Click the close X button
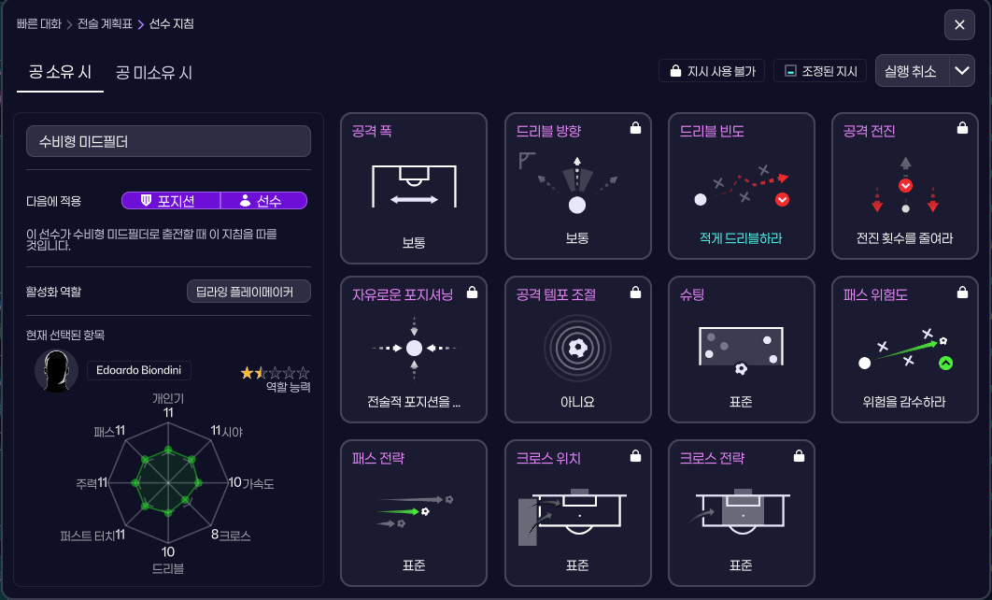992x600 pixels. (959, 25)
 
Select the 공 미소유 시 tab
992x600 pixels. (154, 72)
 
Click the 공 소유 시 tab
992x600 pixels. (60, 72)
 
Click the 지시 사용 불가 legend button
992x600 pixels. (712, 71)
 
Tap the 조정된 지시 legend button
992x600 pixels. (819, 71)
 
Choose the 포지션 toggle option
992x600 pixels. (170, 201)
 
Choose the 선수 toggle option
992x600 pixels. (263, 201)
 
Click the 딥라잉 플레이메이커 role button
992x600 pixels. (248, 292)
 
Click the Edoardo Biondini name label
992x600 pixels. (139, 370)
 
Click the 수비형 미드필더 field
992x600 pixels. (168, 142)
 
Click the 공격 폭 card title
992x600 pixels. (372, 132)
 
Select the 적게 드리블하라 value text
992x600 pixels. (741, 238)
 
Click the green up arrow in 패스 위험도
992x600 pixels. (945, 363)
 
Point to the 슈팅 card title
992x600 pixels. (692, 295)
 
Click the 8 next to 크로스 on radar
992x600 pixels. (214, 535)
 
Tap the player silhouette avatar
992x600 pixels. (55, 371)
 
